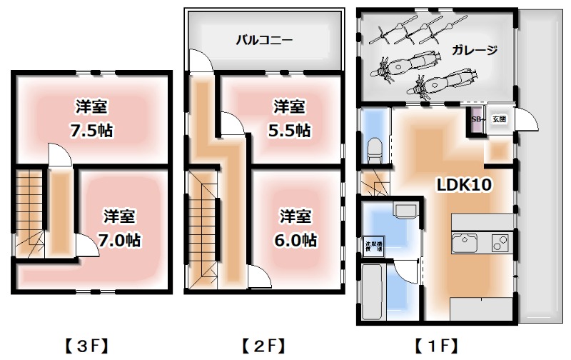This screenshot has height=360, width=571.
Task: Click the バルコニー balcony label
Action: pos(264,40)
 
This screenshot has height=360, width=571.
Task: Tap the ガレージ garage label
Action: pos(473,50)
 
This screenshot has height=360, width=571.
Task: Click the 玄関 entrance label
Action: pos(499,119)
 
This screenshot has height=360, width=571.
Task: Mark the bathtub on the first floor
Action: pos(373,293)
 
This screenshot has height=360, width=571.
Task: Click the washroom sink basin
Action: pos(404,211)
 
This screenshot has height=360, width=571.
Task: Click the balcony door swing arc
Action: pos(203,63)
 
